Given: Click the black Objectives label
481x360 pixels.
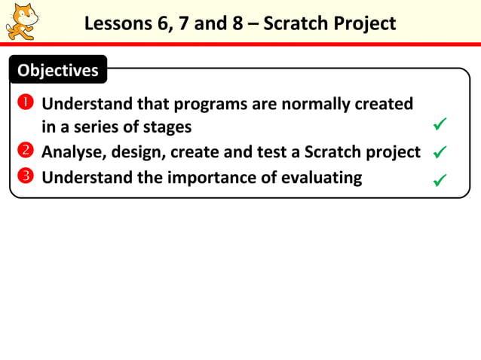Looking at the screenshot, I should pyautogui.click(x=58, y=71).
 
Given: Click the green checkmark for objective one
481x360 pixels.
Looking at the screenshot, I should pyautogui.click(x=440, y=124).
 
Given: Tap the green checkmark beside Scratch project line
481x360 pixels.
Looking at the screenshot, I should pyautogui.click(x=440, y=153).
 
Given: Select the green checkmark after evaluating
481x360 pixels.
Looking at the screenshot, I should pyautogui.click(x=440, y=180).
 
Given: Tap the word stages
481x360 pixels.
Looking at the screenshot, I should pyautogui.click(x=167, y=127).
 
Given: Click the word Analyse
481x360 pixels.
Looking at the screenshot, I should pyautogui.click(x=74, y=152).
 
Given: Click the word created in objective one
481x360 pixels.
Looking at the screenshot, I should pyautogui.click(x=384, y=103).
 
